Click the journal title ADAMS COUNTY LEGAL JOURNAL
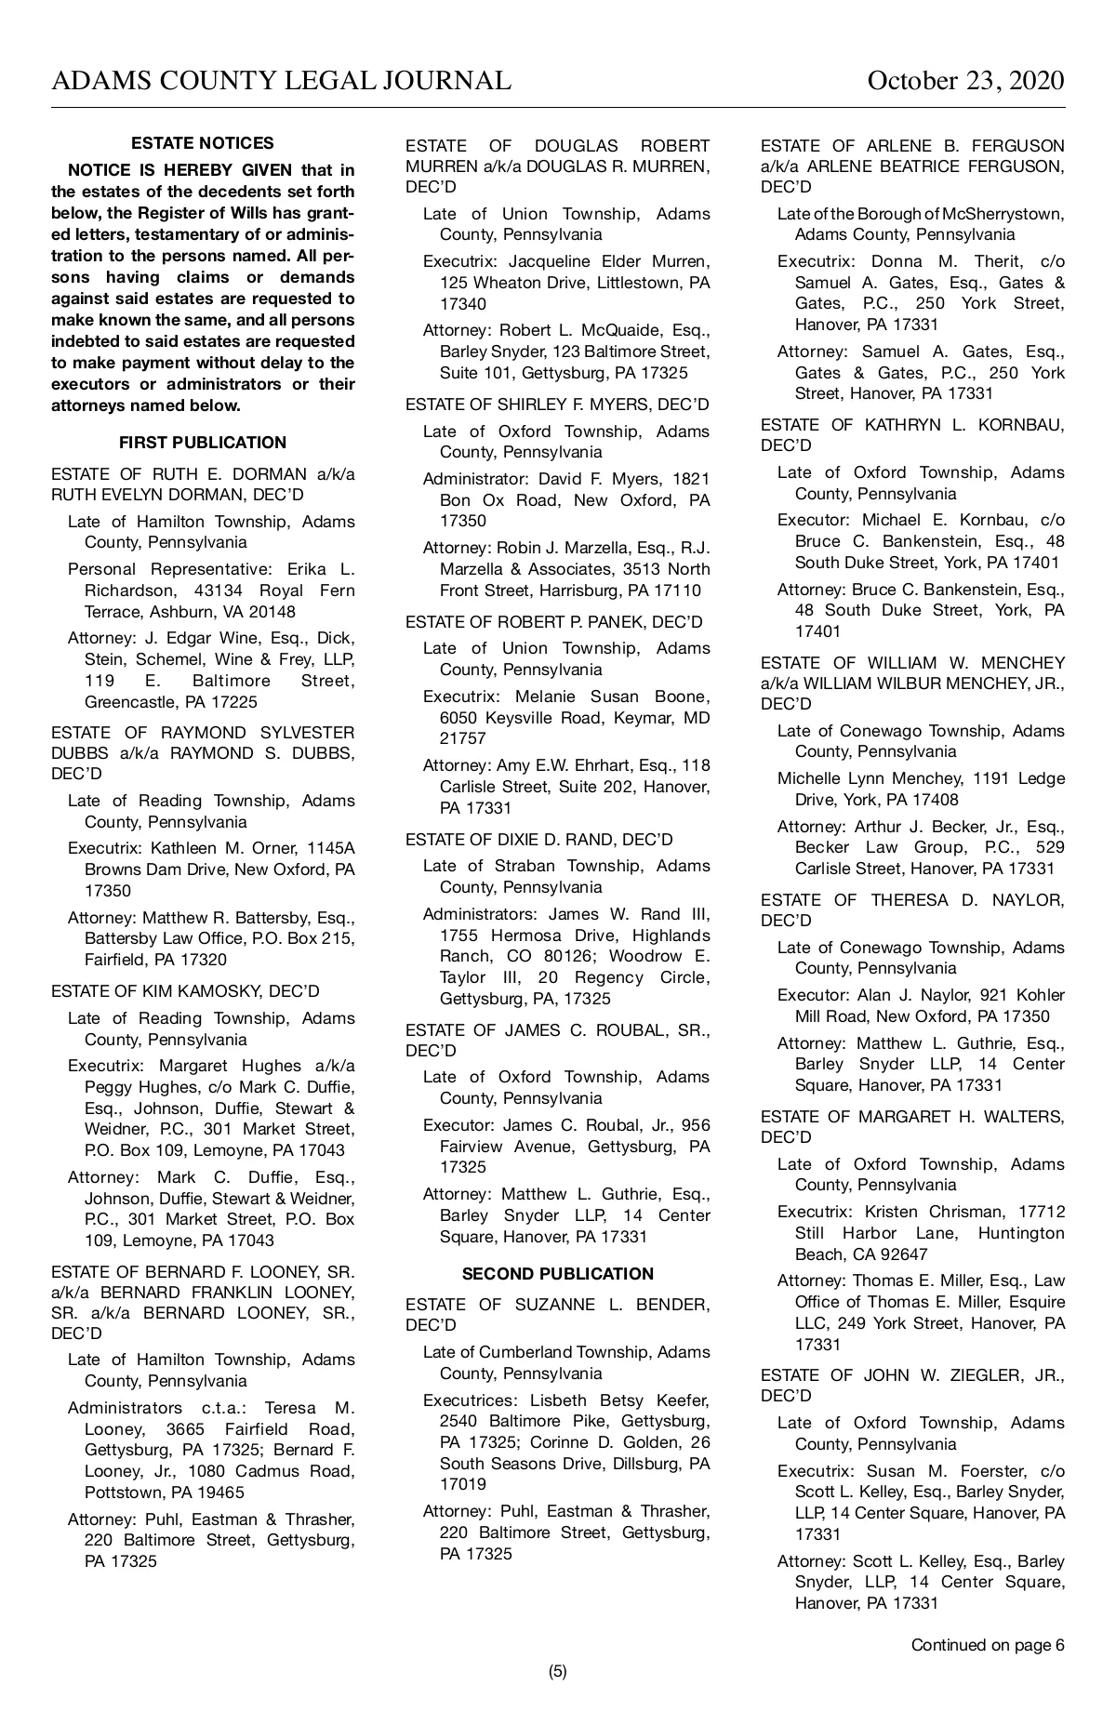281,81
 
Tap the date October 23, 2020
965,81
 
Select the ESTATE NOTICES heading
203,143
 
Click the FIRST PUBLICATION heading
203,443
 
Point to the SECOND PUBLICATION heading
558,1274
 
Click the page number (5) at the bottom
558,1671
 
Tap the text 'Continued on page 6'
988,1645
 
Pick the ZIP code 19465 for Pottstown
221,1493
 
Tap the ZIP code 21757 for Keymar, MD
462,738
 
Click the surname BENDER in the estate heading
673,1305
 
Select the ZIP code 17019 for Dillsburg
462,1484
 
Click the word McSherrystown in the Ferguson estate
1003,214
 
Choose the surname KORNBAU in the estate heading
1012,425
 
